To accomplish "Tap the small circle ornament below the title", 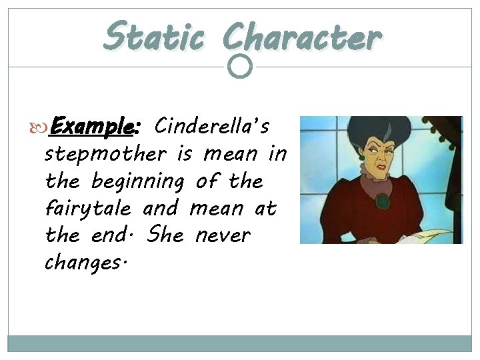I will coord(240,66).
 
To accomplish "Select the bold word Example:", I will coord(95,126).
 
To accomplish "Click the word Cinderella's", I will coord(212,125).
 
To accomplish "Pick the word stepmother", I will coord(105,154).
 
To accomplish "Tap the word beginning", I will coord(139,181).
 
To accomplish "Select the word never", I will coord(223,235).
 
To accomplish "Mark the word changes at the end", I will coord(83,263).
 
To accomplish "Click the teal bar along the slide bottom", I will coord(240,343).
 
